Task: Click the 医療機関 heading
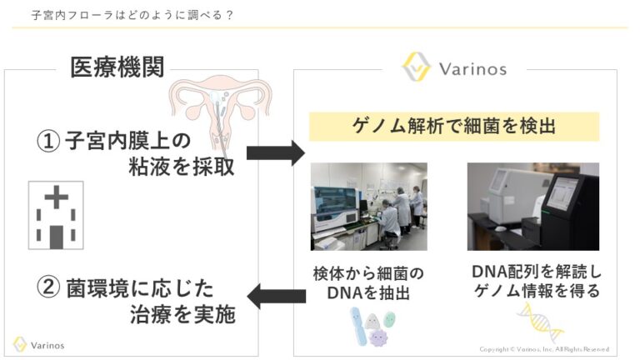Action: coord(116,67)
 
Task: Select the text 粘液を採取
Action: coord(176,167)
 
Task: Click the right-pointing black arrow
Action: coord(276,152)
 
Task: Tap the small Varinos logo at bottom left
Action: coord(39,344)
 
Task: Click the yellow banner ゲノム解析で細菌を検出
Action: coord(454,127)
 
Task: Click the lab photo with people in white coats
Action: coord(368,205)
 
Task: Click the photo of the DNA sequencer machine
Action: coord(532,205)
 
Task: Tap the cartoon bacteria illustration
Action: coord(371,326)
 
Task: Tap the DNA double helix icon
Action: coord(539,323)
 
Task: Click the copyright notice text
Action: coord(543,349)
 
